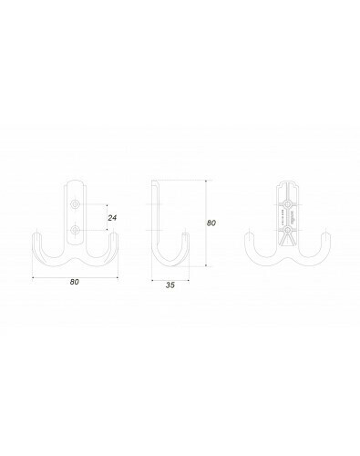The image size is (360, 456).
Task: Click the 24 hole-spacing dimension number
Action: (112, 218)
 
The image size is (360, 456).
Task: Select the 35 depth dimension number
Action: (170, 285)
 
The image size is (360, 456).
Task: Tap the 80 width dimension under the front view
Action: (75, 282)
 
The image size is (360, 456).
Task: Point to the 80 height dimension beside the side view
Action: (211, 223)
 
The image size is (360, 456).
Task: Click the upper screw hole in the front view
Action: (75, 204)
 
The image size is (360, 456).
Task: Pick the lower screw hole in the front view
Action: (75, 231)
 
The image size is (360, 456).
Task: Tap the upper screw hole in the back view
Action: (287, 204)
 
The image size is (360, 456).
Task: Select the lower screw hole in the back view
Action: (287, 231)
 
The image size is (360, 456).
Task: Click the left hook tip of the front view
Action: (36, 234)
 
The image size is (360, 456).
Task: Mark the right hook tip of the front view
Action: (114, 234)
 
